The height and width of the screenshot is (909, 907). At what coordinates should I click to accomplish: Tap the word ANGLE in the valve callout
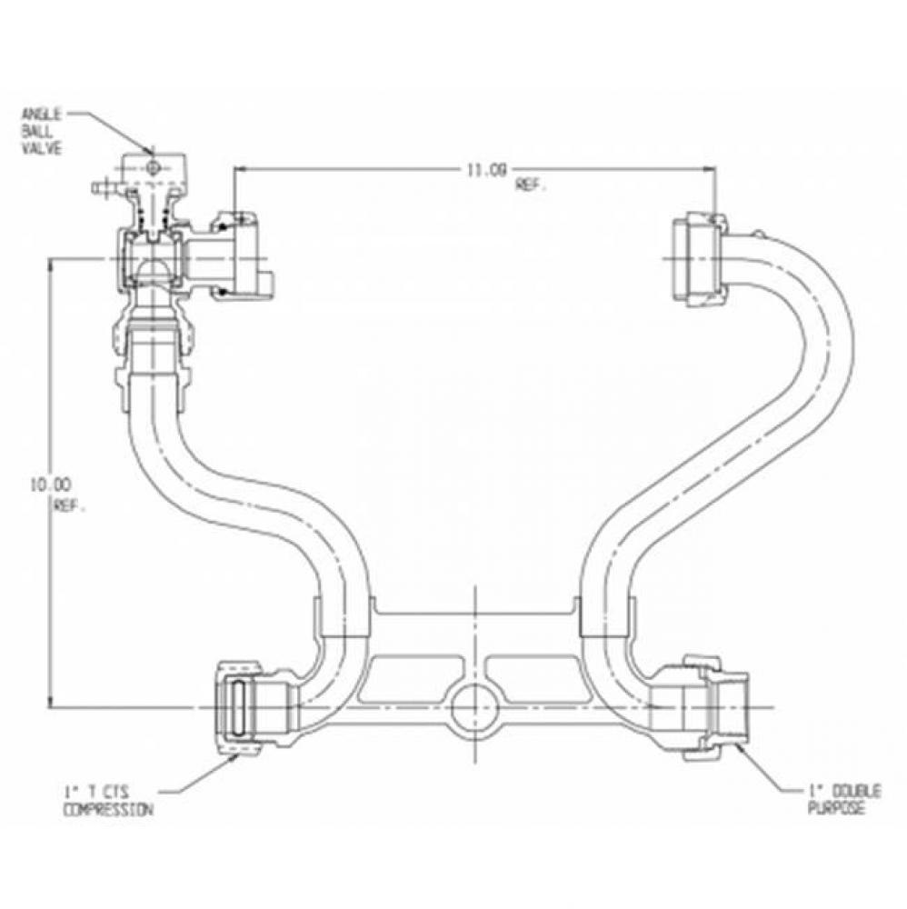[x=43, y=115]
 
